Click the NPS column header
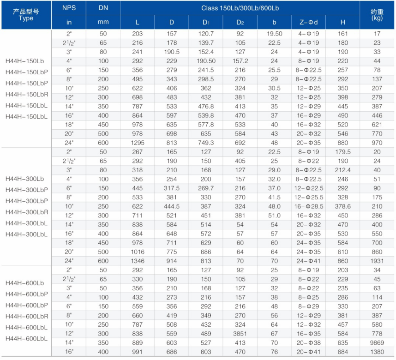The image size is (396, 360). click(x=69, y=8)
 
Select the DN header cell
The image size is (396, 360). click(x=103, y=8)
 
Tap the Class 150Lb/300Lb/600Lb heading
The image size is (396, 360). click(x=240, y=8)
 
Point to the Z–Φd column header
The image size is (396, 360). click(x=308, y=22)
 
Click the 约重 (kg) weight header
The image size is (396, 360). click(x=377, y=15)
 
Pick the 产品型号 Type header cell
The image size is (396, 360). click(x=26, y=15)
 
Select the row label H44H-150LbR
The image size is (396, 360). click(x=27, y=94)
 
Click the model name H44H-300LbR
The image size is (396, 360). click(x=27, y=212)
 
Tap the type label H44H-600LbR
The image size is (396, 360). click(x=27, y=316)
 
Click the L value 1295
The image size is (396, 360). click(x=138, y=143)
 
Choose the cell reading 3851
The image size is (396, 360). click(x=240, y=334)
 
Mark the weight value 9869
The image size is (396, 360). click(x=377, y=343)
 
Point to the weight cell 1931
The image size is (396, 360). click(x=377, y=261)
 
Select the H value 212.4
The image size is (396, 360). click(x=343, y=170)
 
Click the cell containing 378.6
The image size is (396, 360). click(x=343, y=206)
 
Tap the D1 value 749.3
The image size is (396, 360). click(x=206, y=143)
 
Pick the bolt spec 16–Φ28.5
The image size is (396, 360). click(x=308, y=206)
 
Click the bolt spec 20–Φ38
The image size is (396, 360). click(x=308, y=343)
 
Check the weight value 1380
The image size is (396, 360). click(x=377, y=352)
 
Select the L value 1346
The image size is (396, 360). click(x=138, y=261)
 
